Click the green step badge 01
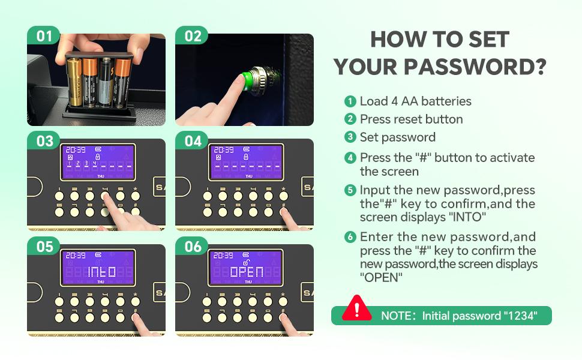click(x=43, y=35)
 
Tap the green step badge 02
click(x=191, y=35)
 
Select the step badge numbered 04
click(x=191, y=140)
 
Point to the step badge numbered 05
click(x=43, y=247)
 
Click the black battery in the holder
click(x=106, y=82)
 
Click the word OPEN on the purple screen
click(x=247, y=272)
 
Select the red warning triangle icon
click(x=356, y=308)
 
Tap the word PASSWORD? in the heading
click(x=475, y=67)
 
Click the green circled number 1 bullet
click(x=350, y=101)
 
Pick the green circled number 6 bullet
click(x=350, y=237)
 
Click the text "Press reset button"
click(x=411, y=119)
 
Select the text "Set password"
click(x=398, y=137)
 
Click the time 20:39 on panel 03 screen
click(x=76, y=149)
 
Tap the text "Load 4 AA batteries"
click(x=415, y=101)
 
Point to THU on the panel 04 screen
click(x=248, y=176)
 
